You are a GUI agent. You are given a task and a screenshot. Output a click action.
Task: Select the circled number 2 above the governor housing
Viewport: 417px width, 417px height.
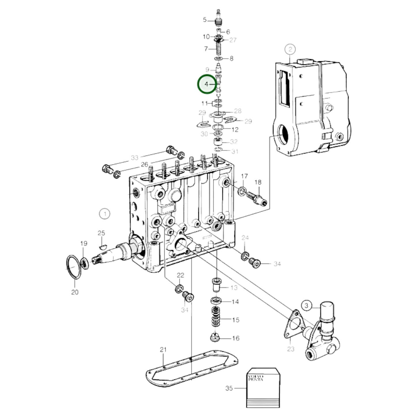click(x=290, y=49)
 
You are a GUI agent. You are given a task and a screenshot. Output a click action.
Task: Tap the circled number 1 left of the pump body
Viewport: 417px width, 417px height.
click(x=104, y=214)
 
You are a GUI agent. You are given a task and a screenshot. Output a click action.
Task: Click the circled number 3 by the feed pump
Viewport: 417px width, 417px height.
click(x=306, y=305)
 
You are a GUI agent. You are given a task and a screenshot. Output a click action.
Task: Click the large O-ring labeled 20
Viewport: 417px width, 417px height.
click(x=73, y=267)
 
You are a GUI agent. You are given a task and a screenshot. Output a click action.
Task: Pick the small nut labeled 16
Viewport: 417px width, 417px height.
click(x=215, y=337)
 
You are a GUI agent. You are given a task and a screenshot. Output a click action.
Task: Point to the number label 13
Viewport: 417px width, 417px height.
click(x=234, y=288)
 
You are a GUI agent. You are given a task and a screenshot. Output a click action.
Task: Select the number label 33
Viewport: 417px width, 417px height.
click(x=134, y=158)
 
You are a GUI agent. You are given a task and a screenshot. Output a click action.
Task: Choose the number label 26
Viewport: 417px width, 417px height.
click(x=144, y=165)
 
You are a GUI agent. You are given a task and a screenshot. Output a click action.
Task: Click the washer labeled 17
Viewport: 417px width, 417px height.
click(x=242, y=191)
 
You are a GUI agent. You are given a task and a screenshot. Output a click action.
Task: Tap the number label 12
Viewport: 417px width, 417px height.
click(x=235, y=130)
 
